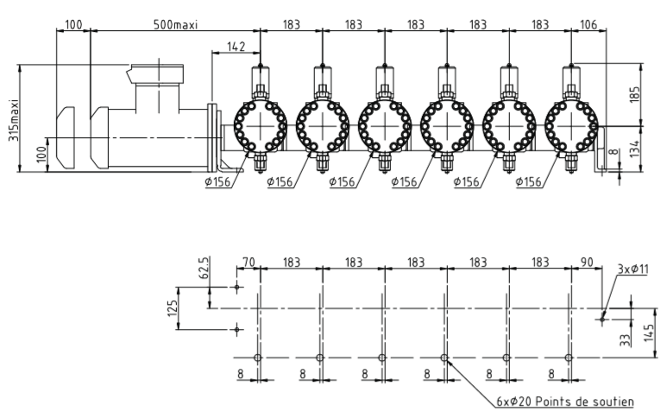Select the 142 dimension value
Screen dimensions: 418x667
[x=236, y=46]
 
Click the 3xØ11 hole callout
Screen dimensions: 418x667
[x=632, y=269]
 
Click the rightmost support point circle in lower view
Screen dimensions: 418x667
[x=568, y=358]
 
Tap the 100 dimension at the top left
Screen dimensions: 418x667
[x=72, y=24]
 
